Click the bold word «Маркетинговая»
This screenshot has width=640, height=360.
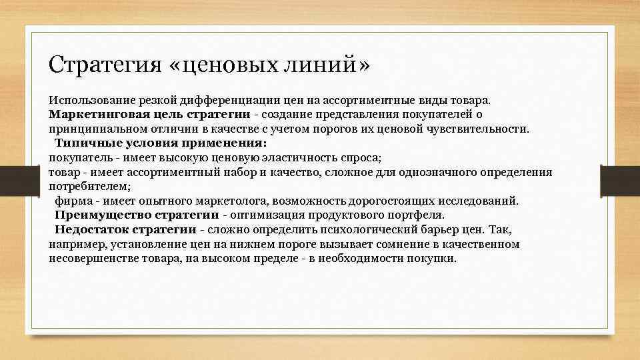pyautogui.click(x=92, y=115)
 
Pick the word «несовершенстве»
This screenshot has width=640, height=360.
pyautogui.click(x=91, y=258)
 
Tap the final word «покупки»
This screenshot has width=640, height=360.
pyautogui.click(x=435, y=258)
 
